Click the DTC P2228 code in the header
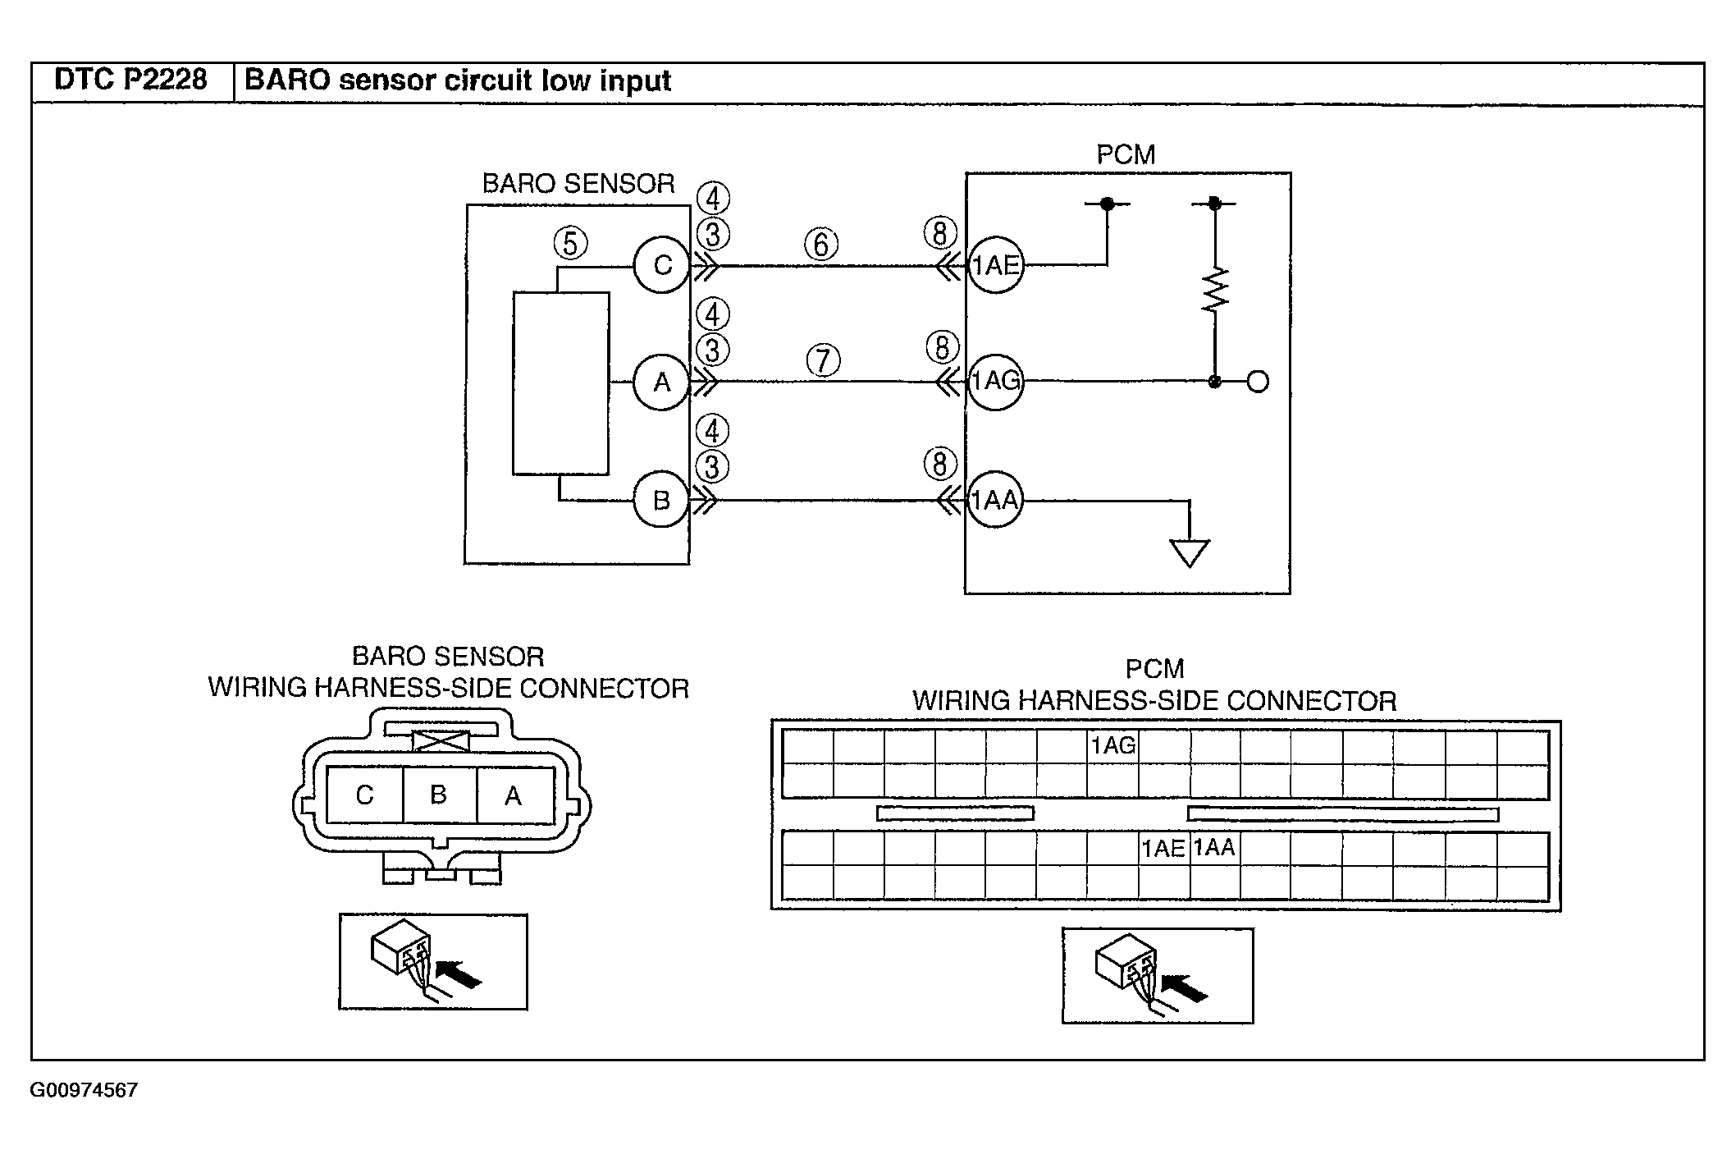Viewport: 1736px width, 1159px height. [x=130, y=80]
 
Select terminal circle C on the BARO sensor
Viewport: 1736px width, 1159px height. [x=661, y=265]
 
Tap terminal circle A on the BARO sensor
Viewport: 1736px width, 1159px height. [x=661, y=382]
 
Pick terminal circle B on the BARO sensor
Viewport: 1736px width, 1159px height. [x=661, y=500]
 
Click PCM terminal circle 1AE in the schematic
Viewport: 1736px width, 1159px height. [x=995, y=265]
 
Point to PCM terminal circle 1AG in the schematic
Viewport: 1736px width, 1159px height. [x=995, y=382]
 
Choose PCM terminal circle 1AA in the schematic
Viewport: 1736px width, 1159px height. [x=995, y=500]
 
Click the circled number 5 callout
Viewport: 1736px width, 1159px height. [x=571, y=244]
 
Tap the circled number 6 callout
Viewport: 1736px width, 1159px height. [x=821, y=244]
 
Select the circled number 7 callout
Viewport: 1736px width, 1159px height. [x=823, y=360]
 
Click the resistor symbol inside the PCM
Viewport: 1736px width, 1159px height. [x=1215, y=289]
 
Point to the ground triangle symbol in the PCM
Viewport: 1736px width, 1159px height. [x=1190, y=553]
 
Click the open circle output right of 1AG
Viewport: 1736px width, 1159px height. [x=1258, y=382]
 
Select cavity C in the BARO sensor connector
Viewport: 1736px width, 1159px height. [x=365, y=795]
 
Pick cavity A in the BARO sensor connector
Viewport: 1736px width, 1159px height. [x=514, y=795]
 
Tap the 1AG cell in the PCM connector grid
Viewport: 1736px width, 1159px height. [x=1112, y=746]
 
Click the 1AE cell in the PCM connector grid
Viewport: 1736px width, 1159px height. [x=1163, y=849]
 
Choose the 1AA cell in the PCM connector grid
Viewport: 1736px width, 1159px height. [x=1214, y=849]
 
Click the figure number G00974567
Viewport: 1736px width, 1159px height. [x=84, y=1090]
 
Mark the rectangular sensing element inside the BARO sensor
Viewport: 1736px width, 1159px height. [x=561, y=383]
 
